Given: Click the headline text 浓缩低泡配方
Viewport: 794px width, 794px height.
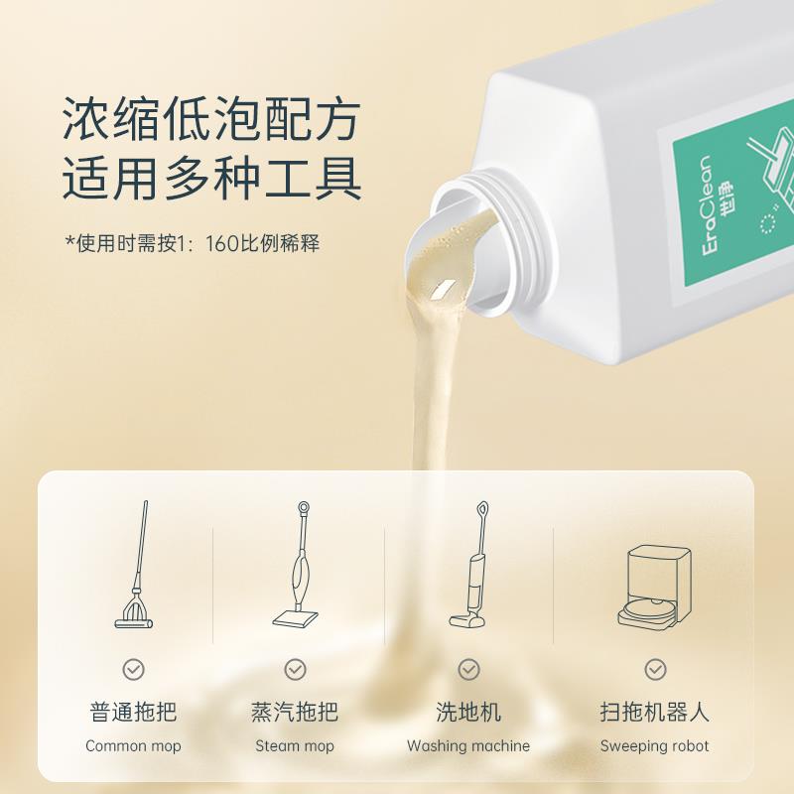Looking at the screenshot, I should point(209,122).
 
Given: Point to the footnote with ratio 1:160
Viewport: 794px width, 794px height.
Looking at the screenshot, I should point(193,243).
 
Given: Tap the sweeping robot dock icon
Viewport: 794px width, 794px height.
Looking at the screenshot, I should point(655,586).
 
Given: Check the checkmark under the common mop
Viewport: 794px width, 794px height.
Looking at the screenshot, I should point(133,669).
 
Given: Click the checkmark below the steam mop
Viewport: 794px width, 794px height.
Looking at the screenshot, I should point(296,669).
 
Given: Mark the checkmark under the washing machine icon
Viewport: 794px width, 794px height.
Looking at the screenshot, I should point(468,669).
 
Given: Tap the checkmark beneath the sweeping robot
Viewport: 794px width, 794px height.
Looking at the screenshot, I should point(655,669).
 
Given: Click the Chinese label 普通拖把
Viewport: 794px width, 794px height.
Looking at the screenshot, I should point(133,712).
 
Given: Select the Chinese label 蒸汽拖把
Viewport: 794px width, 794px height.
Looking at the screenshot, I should point(296,712).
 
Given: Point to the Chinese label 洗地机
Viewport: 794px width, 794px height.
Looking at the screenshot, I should point(468,712).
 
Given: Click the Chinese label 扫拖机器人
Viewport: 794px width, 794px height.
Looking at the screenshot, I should point(655,712).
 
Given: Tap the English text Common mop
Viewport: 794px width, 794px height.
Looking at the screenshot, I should point(133,746).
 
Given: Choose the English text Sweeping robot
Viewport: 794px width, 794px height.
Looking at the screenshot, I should point(655,746).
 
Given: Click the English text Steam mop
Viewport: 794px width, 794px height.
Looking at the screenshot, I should point(296,746).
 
